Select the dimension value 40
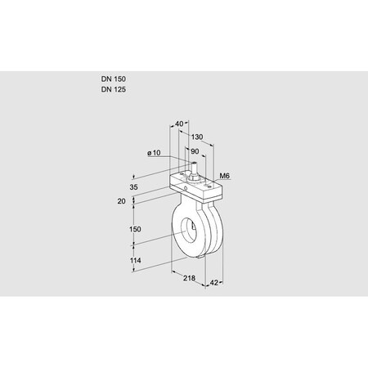click(x=179, y=123)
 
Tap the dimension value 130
click(x=196, y=137)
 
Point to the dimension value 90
click(x=195, y=151)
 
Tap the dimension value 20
click(x=121, y=200)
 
